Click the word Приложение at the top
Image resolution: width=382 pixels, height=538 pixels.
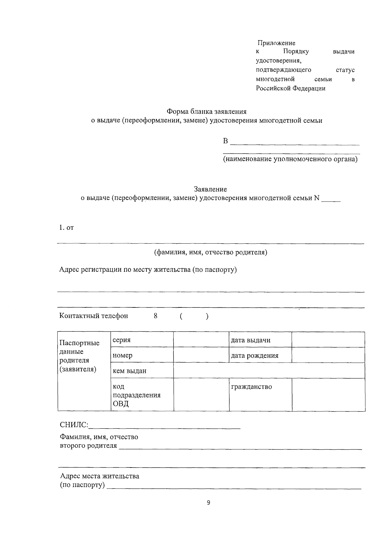276,43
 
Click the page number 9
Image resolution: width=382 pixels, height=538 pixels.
209,503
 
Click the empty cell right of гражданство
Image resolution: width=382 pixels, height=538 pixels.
328,395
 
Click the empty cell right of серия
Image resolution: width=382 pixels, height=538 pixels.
201,340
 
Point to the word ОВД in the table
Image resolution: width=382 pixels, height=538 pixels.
121,404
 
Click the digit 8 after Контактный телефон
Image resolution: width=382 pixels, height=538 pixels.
155,316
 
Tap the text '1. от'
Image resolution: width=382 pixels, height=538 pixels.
67,228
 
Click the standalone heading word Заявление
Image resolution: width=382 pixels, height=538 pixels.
210,189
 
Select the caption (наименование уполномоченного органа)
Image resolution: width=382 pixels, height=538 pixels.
290,159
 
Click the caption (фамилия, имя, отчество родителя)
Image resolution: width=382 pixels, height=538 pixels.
210,252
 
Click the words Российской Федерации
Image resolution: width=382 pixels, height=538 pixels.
291,88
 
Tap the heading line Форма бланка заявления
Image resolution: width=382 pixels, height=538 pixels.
207,112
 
